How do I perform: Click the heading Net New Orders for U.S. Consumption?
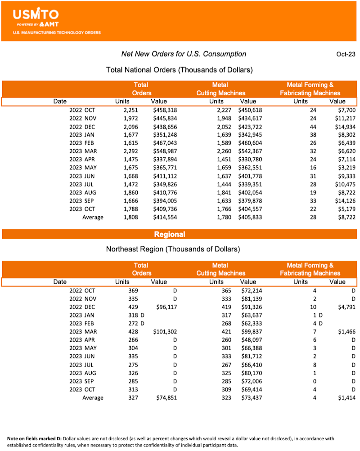184,54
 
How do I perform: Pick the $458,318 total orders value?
165,110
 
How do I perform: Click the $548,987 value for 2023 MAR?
165,151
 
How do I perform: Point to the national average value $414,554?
165,217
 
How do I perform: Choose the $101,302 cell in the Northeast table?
165,332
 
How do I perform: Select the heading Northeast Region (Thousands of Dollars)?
173,249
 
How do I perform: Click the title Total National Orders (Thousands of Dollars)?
179,70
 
